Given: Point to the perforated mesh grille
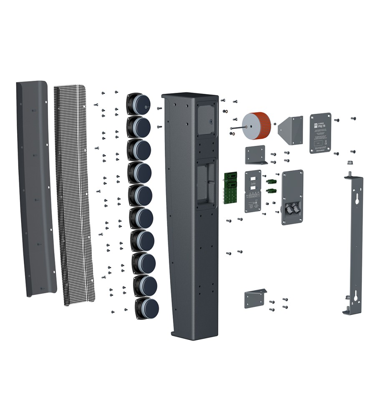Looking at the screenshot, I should (75, 196).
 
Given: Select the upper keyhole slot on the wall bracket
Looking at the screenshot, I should (357, 200).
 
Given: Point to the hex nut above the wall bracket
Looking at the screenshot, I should (349, 163).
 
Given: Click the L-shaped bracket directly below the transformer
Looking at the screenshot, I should (255, 155).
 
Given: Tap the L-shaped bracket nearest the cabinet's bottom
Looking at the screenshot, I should (255, 299).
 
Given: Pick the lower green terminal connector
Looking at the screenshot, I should (272, 191).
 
